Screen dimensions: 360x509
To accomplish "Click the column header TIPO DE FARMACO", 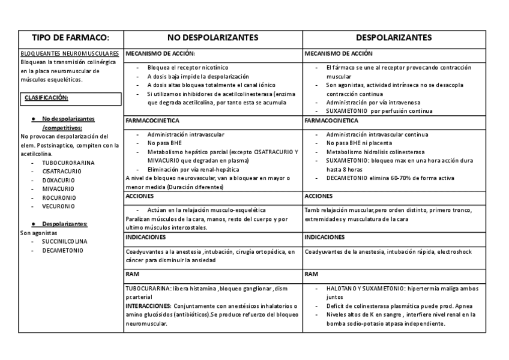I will tap(70, 37).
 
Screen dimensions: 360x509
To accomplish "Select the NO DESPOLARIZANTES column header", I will tap(212, 37).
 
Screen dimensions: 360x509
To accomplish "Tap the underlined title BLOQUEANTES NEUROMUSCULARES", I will tap(70, 53).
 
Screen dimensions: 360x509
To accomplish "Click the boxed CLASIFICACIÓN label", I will tap(46, 97).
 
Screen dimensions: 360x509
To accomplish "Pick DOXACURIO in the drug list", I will tap(58, 179).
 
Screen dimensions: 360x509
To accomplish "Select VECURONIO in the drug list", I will tap(58, 206).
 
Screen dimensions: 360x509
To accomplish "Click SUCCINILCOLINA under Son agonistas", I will tap(64, 241).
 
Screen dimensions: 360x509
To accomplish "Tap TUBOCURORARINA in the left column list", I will tap(68, 162).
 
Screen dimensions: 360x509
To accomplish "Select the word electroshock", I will tap(456, 251).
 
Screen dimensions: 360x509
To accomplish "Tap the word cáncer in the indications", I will tap(136, 260).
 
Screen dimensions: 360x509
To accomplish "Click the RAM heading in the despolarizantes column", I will tap(311, 273).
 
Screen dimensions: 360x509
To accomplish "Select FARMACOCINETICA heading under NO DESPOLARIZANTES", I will tap(149, 121).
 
